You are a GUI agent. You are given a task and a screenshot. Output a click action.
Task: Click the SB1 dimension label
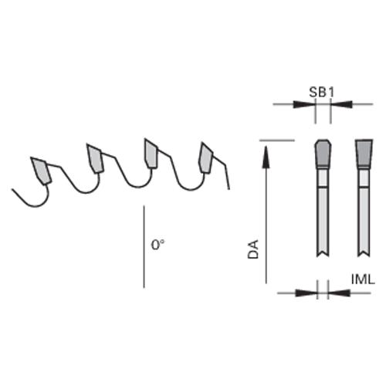click(x=321, y=92)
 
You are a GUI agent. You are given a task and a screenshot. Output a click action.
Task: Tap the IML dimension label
click(x=363, y=279)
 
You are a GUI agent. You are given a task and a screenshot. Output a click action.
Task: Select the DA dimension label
click(x=253, y=249)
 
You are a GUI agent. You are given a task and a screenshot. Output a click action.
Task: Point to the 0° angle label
click(x=157, y=245)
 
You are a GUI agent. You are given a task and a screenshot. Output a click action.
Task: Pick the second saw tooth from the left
click(x=95, y=158)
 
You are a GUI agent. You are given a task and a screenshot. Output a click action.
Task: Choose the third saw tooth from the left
click(x=151, y=154)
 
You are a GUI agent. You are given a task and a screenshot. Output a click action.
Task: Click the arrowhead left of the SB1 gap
click(x=305, y=104)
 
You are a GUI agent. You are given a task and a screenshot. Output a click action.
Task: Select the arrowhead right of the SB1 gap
click(x=341, y=104)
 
